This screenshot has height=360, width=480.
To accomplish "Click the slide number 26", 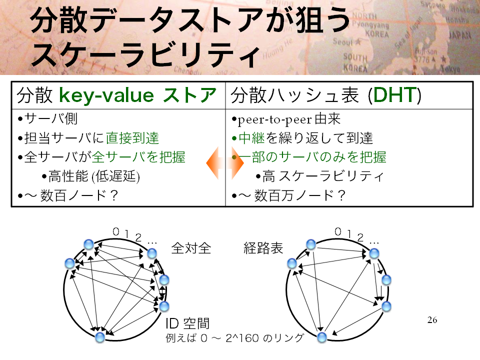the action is [432, 320].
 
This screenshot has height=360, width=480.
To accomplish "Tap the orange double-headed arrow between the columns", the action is [225, 163].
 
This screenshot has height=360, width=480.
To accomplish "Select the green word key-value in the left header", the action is [106, 95].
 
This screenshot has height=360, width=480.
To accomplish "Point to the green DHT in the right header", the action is [394, 95].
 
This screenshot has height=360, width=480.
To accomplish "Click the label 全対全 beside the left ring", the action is [191, 248].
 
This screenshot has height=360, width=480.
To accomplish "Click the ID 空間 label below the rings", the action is [187, 323].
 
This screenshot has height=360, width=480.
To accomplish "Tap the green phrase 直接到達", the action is [132, 138].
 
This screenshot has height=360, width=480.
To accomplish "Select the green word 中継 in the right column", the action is [251, 138].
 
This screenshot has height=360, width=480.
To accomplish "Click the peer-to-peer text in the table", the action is [274, 119].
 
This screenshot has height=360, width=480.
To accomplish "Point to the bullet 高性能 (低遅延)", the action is [91, 176].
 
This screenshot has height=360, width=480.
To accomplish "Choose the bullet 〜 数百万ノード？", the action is [288, 195].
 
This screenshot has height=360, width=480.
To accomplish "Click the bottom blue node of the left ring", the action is [100, 337].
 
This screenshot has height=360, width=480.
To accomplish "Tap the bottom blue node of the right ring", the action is [321, 337].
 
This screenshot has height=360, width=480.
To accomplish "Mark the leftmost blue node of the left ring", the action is [70, 263].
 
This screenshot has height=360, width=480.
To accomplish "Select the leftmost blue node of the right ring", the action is [292, 263].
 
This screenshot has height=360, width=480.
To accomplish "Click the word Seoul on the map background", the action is [343, 41].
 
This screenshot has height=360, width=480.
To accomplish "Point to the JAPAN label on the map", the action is [460, 35].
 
